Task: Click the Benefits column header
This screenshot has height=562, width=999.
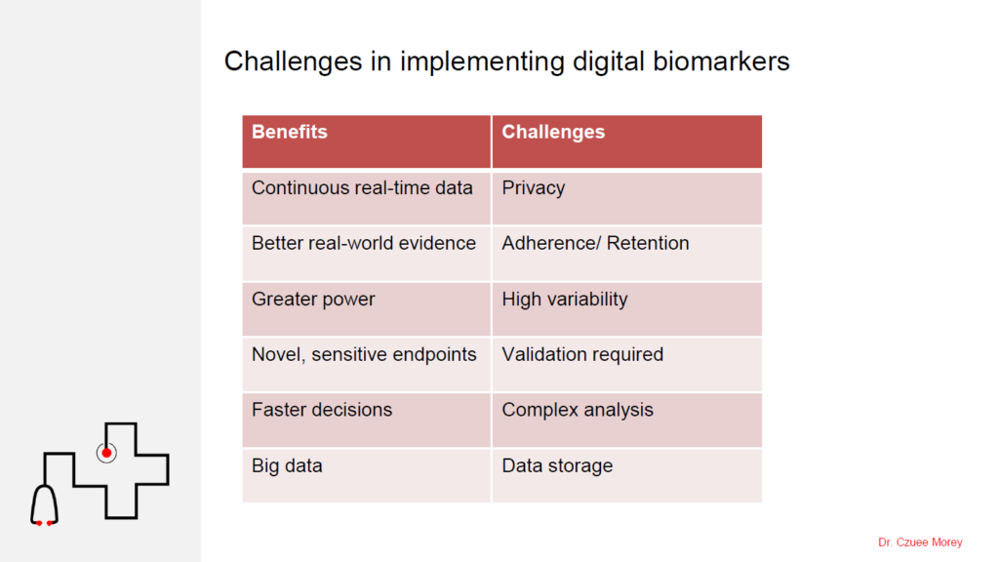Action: (x=367, y=141)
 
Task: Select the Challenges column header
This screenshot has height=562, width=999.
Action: (x=627, y=141)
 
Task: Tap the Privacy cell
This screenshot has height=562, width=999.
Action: (x=627, y=198)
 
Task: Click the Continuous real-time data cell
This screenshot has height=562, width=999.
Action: (x=367, y=198)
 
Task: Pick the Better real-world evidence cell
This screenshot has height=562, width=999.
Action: (x=367, y=254)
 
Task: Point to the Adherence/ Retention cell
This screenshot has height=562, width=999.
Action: (x=627, y=254)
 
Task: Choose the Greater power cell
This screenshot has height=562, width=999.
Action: (x=367, y=309)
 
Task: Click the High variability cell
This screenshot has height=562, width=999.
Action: (x=627, y=309)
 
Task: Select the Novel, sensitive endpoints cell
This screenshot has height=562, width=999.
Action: (x=367, y=365)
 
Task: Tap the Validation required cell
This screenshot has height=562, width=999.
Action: (x=627, y=365)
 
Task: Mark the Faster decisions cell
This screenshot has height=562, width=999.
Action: (x=367, y=420)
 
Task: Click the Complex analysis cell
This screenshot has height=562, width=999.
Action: (x=627, y=420)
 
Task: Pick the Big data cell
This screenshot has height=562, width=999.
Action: (x=367, y=475)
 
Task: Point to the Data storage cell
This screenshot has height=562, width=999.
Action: (x=627, y=475)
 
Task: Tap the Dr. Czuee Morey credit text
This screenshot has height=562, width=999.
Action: (x=920, y=542)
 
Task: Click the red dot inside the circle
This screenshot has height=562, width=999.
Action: (x=106, y=453)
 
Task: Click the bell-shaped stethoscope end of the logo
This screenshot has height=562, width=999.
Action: (x=32, y=506)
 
